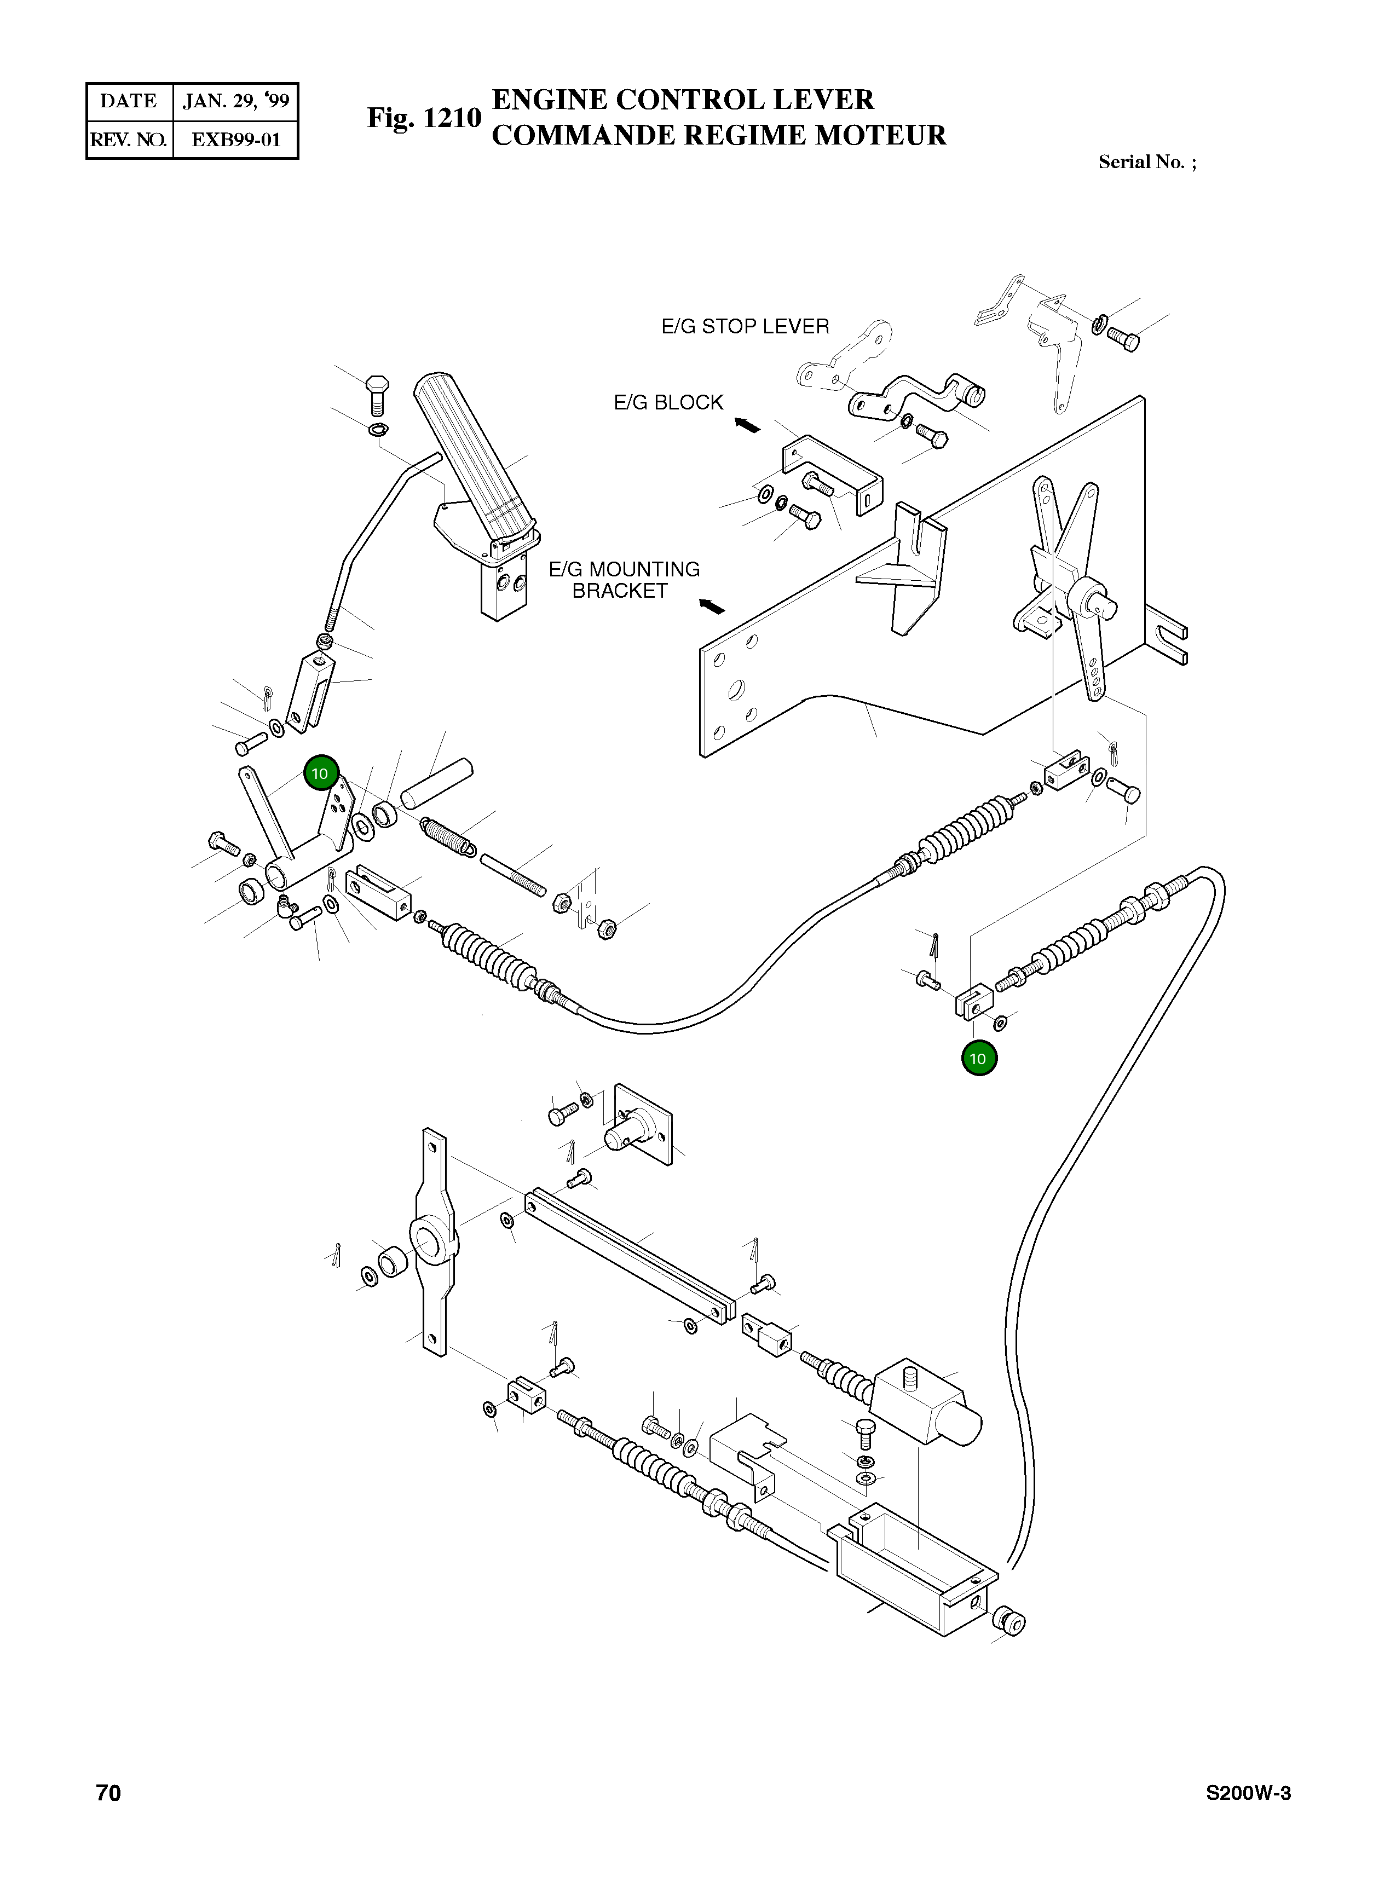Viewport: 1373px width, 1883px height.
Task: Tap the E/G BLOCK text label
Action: coord(668,402)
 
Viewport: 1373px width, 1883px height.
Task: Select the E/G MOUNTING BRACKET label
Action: coord(624,580)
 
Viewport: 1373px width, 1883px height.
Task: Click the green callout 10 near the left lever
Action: coord(321,773)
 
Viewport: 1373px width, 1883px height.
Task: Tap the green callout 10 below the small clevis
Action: coord(978,1059)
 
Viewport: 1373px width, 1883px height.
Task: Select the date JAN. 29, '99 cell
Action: coord(236,101)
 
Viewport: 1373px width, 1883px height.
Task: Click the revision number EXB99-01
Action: coord(236,140)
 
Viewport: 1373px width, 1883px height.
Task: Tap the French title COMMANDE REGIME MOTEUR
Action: coord(719,135)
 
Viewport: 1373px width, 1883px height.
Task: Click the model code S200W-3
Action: coord(1248,1793)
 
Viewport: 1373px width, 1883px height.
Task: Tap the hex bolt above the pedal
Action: coord(377,396)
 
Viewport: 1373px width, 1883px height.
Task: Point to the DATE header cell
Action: coord(129,101)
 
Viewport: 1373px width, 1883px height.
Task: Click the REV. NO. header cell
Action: coord(129,140)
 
